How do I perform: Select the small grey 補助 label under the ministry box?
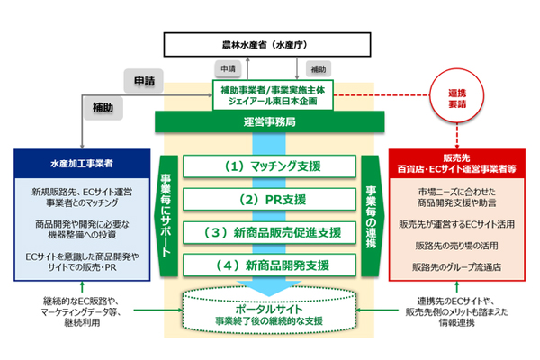[319, 68]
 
